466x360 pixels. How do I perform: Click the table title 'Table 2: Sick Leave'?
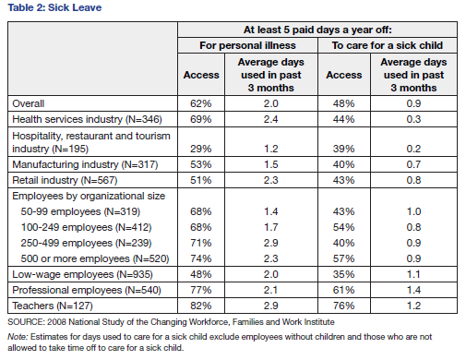(x=54, y=7)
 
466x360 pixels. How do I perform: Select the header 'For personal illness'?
(x=247, y=45)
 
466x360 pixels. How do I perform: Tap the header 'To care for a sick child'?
(x=388, y=45)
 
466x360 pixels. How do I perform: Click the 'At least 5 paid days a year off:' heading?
(x=317, y=30)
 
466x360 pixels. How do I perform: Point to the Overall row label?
(x=29, y=103)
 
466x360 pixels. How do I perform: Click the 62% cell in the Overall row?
(x=201, y=103)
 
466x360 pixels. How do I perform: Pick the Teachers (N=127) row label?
(x=53, y=306)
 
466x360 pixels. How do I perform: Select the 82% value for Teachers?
(x=201, y=306)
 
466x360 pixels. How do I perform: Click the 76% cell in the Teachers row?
(x=343, y=306)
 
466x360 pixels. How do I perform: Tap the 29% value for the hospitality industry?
(x=201, y=149)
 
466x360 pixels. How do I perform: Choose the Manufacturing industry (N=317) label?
(x=85, y=164)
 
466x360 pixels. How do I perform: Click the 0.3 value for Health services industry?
(x=413, y=119)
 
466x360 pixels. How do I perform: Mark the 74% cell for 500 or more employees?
(x=201, y=258)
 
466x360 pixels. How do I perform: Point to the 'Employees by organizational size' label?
(x=89, y=196)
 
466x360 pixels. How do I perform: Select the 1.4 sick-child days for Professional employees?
(x=413, y=290)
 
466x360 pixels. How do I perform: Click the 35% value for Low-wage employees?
(x=343, y=274)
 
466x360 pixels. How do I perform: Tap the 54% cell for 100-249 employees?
(x=343, y=227)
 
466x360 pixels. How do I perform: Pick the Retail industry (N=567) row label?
(x=65, y=180)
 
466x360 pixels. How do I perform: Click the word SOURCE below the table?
(x=27, y=322)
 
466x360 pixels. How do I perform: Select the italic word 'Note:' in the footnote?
(x=18, y=337)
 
